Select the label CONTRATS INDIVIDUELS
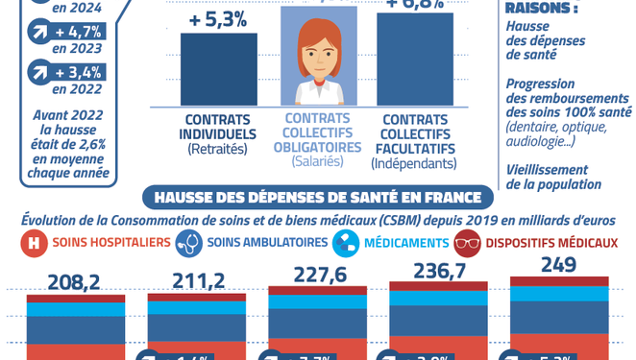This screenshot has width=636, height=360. click(x=218, y=127)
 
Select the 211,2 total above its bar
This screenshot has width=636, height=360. click(x=196, y=281)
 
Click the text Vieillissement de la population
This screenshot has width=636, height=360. click(x=553, y=177)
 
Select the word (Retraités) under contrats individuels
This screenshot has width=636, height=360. click(x=218, y=149)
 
